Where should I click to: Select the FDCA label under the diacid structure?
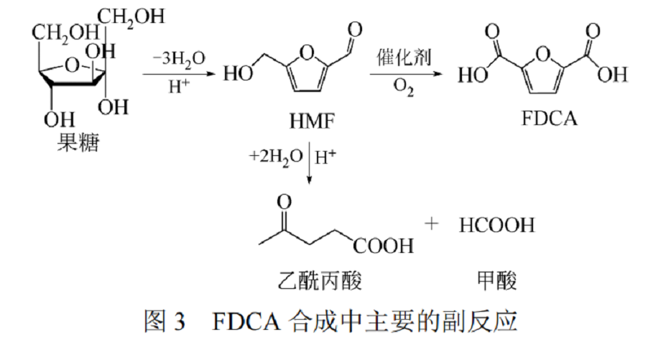(x=548, y=118)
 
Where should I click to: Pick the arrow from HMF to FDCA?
(x=407, y=73)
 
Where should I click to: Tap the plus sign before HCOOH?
(x=431, y=224)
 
